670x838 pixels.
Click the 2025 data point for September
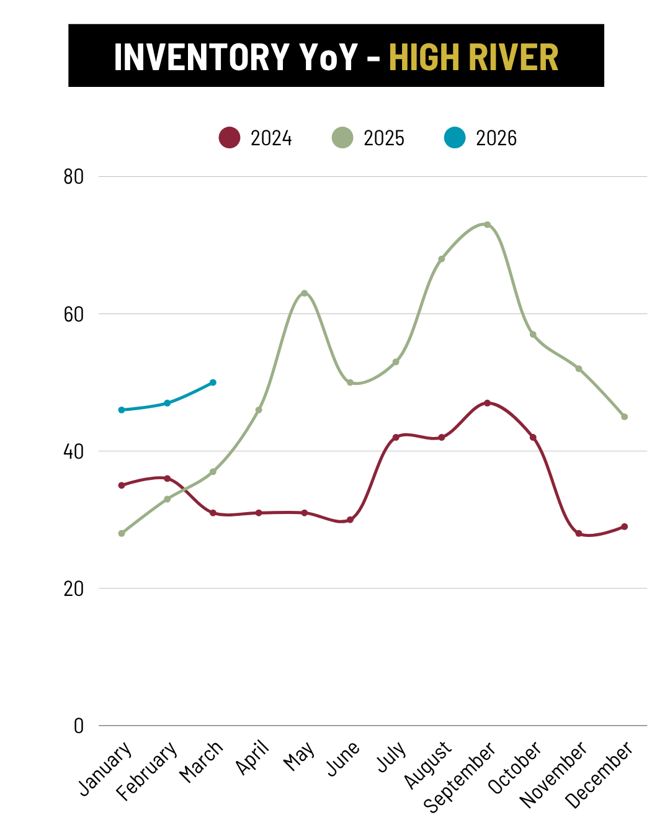coord(487,225)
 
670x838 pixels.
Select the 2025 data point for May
coord(304,293)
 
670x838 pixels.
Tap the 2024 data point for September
coord(487,403)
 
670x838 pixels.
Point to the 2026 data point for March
coord(213,382)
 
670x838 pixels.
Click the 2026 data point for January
coord(122,410)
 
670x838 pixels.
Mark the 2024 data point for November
coord(579,533)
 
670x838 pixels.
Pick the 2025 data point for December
coord(624,417)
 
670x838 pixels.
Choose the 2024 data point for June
coord(350,520)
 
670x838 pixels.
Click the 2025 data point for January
coord(122,533)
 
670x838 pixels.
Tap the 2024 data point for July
coord(396,438)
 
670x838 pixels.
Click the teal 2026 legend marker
coord(455,138)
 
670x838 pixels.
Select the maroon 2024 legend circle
coord(230,138)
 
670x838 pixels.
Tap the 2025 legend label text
coord(384,138)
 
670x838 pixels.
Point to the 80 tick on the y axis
coord(74,177)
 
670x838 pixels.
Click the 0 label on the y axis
coord(79,726)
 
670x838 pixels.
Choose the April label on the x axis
coord(252,757)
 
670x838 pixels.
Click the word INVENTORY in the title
coord(202,57)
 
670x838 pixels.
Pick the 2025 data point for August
coord(441,259)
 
